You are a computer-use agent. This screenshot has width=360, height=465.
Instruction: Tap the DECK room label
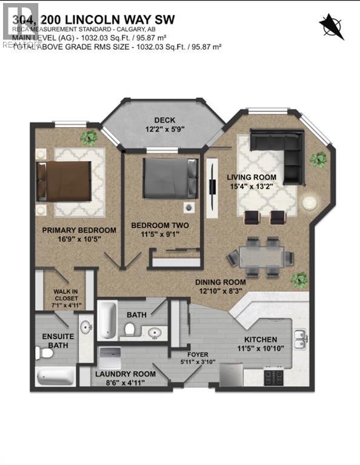pos(164,120)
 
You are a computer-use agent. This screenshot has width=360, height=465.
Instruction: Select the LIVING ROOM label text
pos(264,177)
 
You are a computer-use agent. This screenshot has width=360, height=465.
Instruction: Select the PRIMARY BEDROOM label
pos(79,230)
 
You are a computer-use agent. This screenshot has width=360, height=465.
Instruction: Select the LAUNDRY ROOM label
pos(125,374)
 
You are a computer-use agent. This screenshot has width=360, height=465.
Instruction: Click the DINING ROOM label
pos(220,282)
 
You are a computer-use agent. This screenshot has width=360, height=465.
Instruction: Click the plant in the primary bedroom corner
pos(90,137)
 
